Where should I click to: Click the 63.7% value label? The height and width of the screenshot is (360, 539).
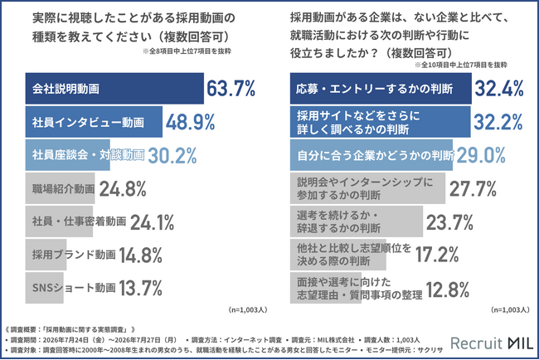pyautogui.click(x=231, y=89)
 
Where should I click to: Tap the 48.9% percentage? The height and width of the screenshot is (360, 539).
pyautogui.click(x=190, y=122)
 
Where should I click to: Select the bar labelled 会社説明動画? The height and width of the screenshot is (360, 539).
pyautogui.click(x=114, y=89)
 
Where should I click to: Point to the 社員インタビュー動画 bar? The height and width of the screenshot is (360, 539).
pyautogui.click(x=94, y=122)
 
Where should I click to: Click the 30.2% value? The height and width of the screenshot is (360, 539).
pyautogui.click(x=172, y=155)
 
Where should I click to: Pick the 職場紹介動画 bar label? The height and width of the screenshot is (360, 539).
pyautogui.click(x=63, y=188)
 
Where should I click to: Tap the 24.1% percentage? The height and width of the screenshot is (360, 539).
pyautogui.click(x=152, y=222)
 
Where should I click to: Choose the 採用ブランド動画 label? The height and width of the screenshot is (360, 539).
pyautogui.click(x=74, y=255)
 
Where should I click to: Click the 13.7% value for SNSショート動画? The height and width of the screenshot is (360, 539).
pyautogui.click(x=140, y=288)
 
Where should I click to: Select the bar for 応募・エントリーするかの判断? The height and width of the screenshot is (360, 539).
pyautogui.click(x=381, y=89)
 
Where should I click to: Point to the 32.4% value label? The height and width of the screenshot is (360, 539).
pyautogui.click(x=499, y=89)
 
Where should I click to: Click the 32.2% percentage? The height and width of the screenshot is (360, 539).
pyautogui.click(x=498, y=122)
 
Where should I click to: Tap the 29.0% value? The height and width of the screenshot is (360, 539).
pyautogui.click(x=481, y=155)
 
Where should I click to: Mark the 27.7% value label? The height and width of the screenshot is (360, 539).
pyautogui.click(x=473, y=189)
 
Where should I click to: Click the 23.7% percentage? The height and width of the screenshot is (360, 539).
pyautogui.click(x=449, y=222)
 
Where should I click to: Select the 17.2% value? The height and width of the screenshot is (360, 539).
pyautogui.click(x=437, y=255)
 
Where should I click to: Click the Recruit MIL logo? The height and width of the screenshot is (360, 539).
pyautogui.click(x=492, y=343)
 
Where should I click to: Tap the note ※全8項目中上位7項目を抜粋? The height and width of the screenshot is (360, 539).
pyautogui.click(x=187, y=51)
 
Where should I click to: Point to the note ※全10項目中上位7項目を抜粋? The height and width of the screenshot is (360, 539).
pyautogui.click(x=461, y=65)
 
